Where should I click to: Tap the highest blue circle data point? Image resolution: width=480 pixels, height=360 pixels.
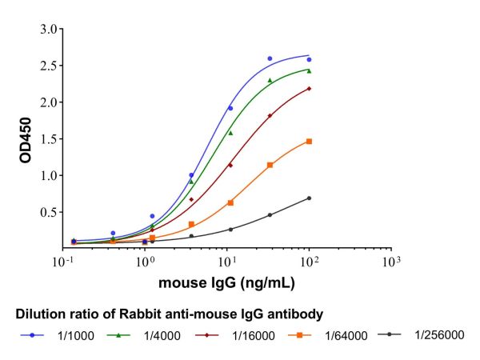270,58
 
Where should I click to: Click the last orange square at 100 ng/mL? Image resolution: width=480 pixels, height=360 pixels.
309,142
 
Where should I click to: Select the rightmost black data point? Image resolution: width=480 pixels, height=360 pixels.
309,198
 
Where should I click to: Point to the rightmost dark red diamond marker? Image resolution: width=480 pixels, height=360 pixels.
309,89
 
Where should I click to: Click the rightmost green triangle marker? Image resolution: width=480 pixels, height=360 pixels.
309,70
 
